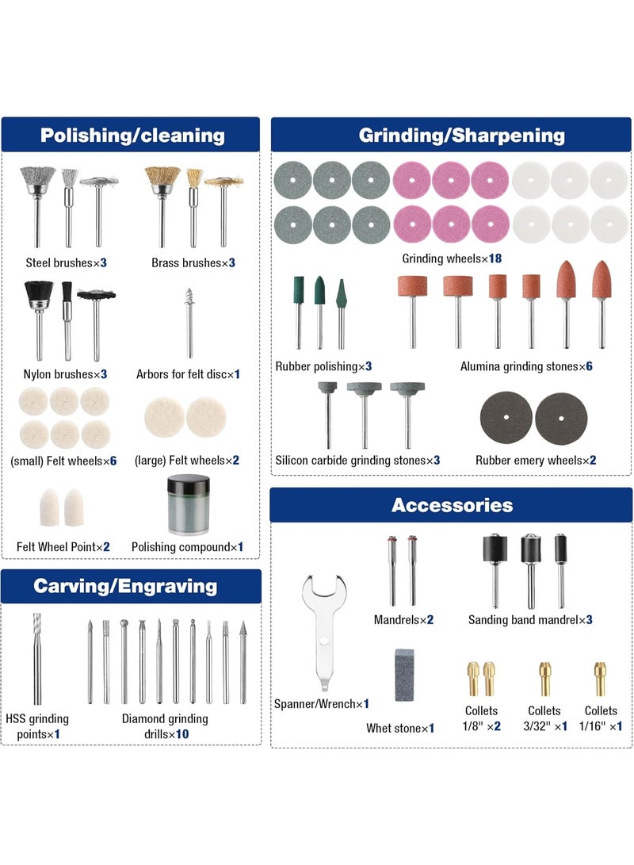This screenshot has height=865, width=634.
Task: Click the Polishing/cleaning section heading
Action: (132, 135)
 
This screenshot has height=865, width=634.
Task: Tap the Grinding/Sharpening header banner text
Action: (461, 135)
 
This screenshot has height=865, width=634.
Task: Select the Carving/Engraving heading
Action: (125, 586)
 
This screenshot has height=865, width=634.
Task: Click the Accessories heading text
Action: (452, 505)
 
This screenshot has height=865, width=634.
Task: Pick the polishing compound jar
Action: (189, 506)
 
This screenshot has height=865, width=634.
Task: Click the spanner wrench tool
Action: (323, 632)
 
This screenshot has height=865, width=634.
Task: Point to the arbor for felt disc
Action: (189, 323)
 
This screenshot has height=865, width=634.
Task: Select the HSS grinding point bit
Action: (37, 658)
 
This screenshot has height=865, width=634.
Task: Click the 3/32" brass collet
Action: (544, 679)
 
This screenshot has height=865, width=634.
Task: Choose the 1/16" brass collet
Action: (600, 679)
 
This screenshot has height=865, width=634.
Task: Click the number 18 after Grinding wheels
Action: (495, 258)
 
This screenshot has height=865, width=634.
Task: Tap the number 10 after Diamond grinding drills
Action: (182, 734)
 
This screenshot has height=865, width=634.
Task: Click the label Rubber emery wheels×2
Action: (536, 460)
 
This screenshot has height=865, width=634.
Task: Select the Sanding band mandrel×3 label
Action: (530, 619)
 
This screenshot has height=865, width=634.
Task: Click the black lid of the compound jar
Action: (189, 485)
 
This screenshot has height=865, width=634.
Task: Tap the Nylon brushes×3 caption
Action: (65, 374)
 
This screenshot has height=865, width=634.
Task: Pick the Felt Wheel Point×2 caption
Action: (63, 547)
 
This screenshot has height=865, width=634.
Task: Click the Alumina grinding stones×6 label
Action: (526, 366)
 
